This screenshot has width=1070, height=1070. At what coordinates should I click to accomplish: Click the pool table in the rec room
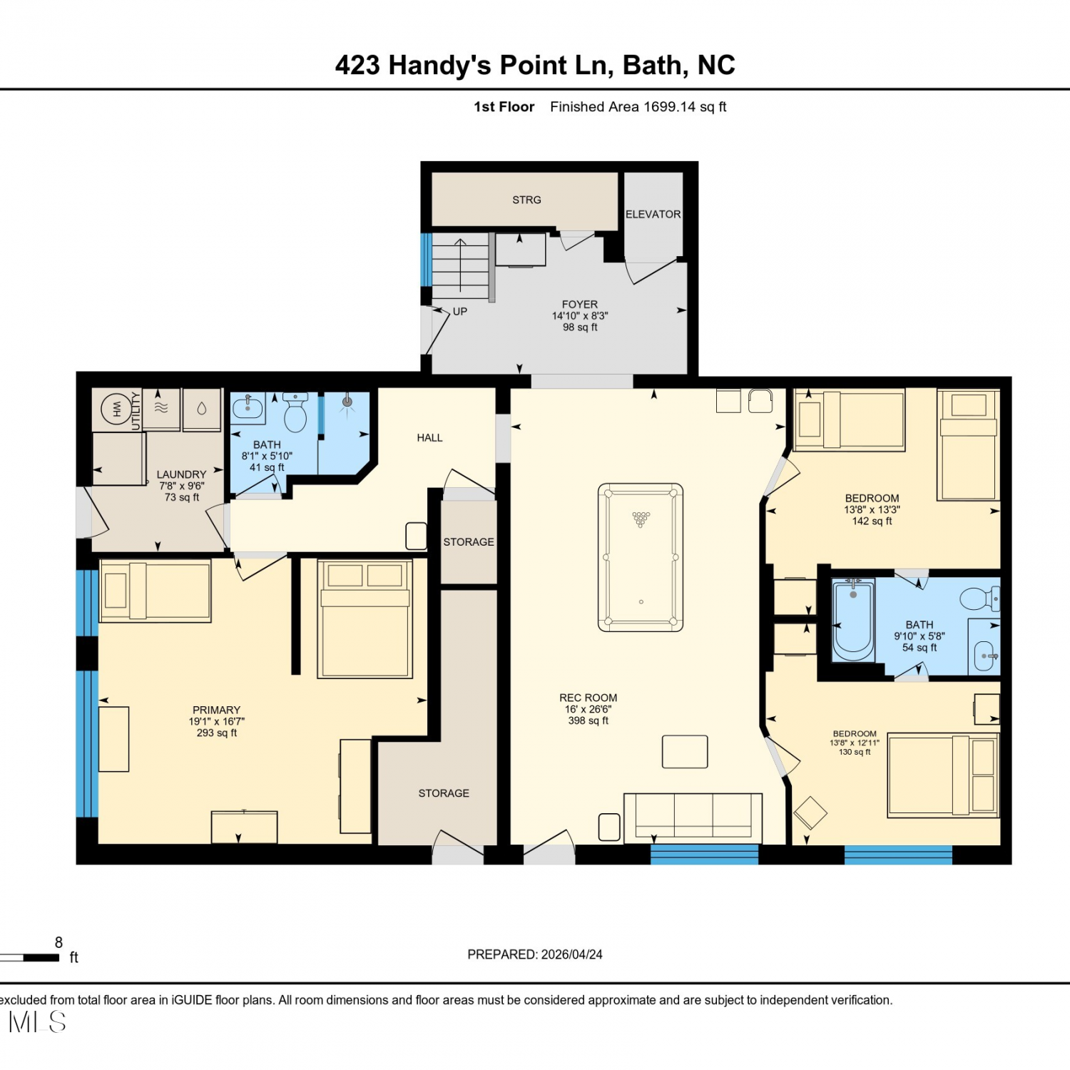click(641, 557)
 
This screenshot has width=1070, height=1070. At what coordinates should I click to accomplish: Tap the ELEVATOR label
click(653, 214)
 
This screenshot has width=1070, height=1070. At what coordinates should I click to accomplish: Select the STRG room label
click(526, 200)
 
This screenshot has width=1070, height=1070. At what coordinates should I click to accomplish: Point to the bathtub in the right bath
click(853, 619)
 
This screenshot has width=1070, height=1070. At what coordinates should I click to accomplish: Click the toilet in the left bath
click(295, 412)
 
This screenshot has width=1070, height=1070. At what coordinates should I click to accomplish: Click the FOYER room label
click(580, 305)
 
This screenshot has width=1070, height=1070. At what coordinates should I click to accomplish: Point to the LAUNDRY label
click(181, 474)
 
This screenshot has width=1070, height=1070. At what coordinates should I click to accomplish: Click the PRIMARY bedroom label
click(216, 710)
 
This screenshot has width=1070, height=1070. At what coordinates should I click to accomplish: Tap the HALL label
click(429, 438)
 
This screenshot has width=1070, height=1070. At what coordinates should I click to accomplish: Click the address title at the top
click(535, 65)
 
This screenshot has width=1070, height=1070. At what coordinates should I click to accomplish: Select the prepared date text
click(535, 954)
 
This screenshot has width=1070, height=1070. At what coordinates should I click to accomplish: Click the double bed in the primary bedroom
click(365, 618)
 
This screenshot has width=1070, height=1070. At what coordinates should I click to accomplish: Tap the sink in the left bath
click(248, 408)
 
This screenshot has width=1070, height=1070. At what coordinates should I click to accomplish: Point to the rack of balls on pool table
click(641, 519)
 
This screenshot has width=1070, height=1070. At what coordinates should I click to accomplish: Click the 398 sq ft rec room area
click(588, 720)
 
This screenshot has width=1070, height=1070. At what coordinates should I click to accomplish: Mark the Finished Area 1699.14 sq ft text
click(638, 107)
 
